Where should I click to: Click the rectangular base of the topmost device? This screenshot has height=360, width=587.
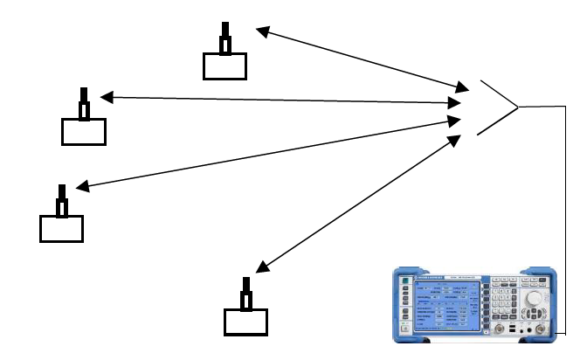pos(224,66)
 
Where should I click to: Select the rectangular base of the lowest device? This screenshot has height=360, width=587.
pos(245,322)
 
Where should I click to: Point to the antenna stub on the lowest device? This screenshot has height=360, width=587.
pos(246,294)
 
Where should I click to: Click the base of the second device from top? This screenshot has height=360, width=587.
pos(84,132)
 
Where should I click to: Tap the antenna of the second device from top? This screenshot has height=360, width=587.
pos(84,104)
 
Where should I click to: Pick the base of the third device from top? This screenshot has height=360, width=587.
pos(62,228)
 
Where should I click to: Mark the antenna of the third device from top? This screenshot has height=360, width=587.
pos(62,201)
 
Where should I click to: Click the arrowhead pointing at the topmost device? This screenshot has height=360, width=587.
pos(260,31)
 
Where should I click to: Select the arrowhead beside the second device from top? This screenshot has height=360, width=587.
pos(107,97)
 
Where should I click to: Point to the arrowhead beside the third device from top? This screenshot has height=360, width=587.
pos(81,186)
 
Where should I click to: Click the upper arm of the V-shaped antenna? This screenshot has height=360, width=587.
pos(499,94)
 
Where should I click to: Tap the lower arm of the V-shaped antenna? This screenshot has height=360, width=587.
pos(498,121)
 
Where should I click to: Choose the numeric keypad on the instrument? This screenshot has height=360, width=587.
pos(505,301)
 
